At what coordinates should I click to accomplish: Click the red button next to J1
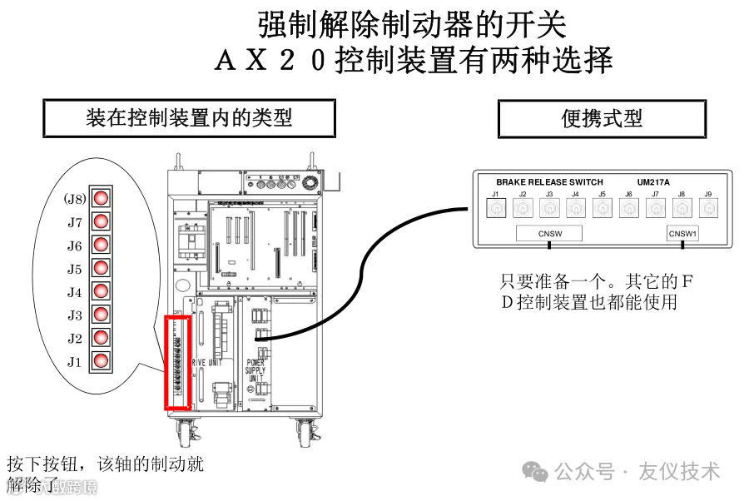point(102,361)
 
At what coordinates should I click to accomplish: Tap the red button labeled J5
point(102,268)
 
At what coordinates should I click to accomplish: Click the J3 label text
point(75,315)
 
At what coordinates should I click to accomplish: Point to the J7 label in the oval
point(75,222)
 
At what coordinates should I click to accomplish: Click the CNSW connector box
point(549,233)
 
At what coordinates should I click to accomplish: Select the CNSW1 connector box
point(683,233)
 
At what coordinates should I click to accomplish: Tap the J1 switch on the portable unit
point(495,209)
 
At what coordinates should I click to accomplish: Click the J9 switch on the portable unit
point(708,209)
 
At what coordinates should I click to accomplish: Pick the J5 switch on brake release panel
point(602,209)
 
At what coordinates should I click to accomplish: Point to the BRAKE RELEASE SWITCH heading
point(549,182)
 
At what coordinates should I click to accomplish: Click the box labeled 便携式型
point(602,119)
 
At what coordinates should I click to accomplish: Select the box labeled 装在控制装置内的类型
point(189,118)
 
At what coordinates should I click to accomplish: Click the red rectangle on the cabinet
point(179,362)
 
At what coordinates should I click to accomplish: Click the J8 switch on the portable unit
point(682,209)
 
